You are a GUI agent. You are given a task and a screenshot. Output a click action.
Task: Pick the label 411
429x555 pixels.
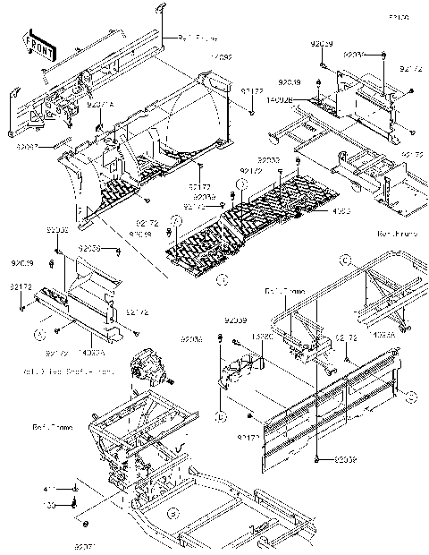[50, 490]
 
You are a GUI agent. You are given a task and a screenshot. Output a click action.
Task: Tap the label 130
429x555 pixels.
[50, 505]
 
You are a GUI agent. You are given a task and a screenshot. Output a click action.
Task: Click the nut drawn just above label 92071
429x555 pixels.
[85, 523]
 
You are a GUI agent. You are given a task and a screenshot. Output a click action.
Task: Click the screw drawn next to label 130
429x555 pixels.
[74, 505]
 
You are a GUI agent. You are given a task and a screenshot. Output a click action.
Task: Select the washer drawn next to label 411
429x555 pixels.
[75, 490]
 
